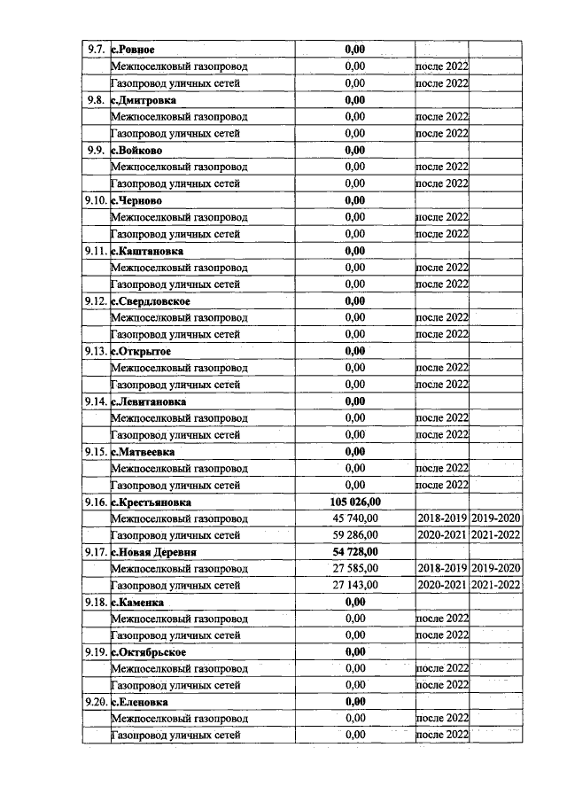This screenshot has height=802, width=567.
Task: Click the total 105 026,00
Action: pos(354,502)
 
